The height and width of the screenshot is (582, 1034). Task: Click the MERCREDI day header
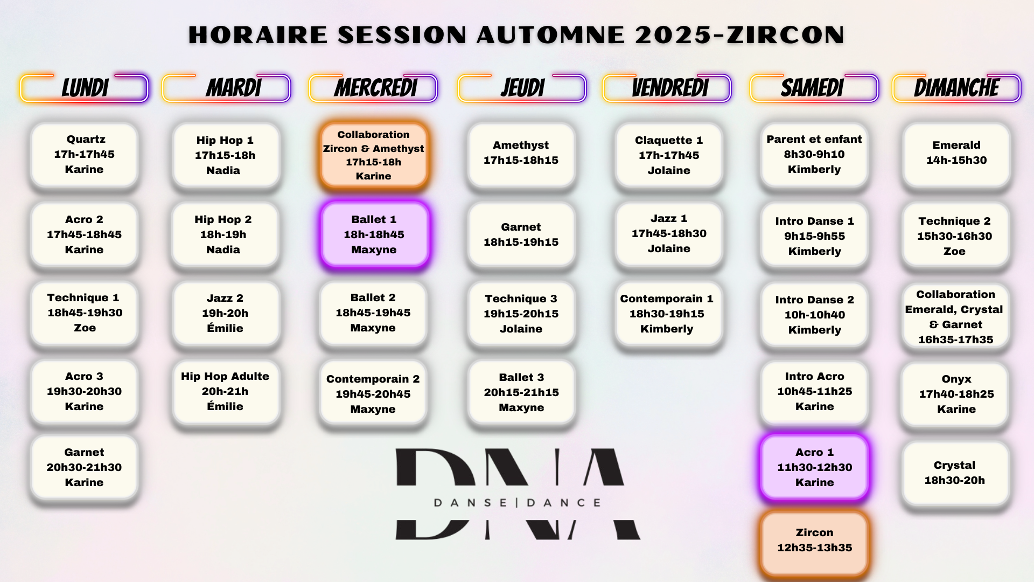[373, 88]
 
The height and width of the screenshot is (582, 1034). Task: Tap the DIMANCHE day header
[956, 88]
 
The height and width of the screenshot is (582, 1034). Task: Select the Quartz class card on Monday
[85, 155]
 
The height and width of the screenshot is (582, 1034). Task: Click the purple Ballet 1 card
[374, 234]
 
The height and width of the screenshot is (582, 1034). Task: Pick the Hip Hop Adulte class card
[226, 392]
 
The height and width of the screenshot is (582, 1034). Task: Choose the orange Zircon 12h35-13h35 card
[815, 541]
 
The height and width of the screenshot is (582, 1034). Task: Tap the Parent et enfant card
[814, 155]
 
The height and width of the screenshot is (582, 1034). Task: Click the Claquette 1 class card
[669, 155]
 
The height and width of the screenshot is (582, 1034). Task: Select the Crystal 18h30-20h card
[955, 473]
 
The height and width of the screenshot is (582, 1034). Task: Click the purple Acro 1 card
[815, 467]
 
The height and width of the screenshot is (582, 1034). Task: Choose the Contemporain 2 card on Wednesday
[373, 394]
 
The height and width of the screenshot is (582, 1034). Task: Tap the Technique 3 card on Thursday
[521, 314]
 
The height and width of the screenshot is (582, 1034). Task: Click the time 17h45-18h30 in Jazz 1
[669, 233]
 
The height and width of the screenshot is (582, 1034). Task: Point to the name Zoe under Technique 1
[85, 328]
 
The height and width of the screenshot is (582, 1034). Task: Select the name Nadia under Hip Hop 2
[223, 250]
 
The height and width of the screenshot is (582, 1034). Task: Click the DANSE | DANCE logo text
[518, 503]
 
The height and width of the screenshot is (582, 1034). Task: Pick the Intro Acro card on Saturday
[814, 392]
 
